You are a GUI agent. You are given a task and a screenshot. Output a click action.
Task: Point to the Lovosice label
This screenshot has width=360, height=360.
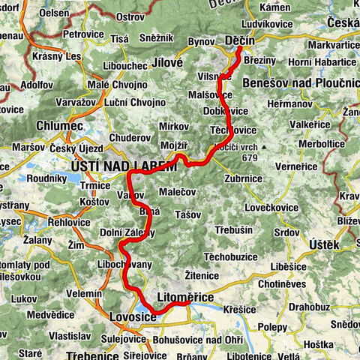tap(133, 318)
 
